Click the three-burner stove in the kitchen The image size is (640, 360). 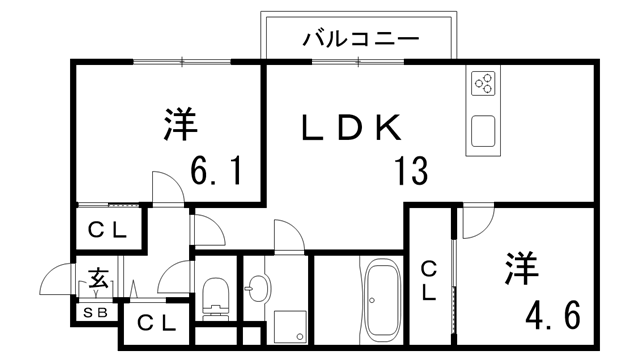click(482, 82)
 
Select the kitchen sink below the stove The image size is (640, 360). click(483, 131)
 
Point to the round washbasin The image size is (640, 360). click(256, 291)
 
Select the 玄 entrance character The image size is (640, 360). click(99, 276)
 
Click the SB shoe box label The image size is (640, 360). click(96, 313)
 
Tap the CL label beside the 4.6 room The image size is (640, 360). click(428, 280)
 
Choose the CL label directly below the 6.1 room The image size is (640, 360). click(107, 230)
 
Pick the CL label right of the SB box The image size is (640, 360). click(157, 323)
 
